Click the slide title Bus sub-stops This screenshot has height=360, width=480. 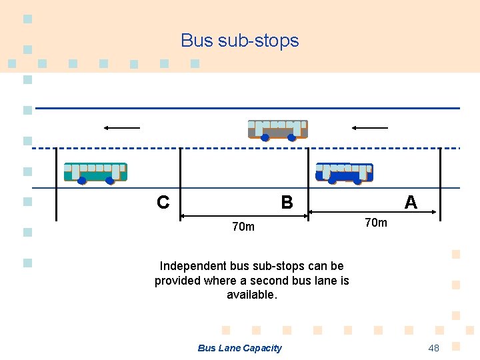pos(240,41)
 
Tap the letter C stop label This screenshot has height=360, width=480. pos(163,202)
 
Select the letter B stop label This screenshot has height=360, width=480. pos(287,202)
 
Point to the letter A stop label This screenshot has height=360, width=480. pos(411,202)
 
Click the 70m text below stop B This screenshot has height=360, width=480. pos(243,227)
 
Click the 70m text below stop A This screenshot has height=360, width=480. pos(376,222)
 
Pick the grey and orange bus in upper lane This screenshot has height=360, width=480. pos(277,129)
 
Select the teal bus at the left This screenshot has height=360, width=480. pos(95,172)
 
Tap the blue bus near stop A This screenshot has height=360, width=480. pos(344,173)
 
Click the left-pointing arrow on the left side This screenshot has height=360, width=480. pos(121,127)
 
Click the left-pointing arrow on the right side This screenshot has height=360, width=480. pos(370,127)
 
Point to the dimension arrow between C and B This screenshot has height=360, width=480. pos(244,215)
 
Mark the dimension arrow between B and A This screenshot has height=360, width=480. pos(373,213)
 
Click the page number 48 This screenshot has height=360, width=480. pos(434,348)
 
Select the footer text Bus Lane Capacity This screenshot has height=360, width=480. pos(240,348)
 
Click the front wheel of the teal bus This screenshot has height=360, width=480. pos(82,181)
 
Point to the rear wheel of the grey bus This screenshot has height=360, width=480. pos(292,138)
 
